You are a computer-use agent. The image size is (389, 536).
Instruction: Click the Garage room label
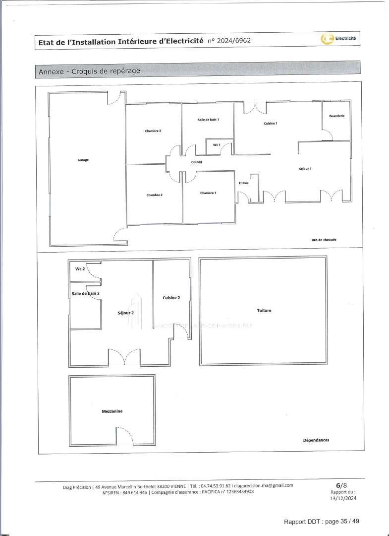point(83,160)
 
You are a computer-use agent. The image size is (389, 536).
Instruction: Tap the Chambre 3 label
point(153,131)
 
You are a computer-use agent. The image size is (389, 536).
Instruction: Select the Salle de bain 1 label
point(208,120)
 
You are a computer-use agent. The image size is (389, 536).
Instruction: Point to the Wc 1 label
point(217,145)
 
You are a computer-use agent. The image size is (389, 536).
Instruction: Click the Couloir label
point(197,162)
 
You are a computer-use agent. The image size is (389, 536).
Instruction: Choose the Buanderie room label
point(336,116)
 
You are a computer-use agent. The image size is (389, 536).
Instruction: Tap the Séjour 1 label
point(305,169)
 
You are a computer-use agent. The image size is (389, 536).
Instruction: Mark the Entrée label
point(243,183)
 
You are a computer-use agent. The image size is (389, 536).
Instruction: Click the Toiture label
point(264,311)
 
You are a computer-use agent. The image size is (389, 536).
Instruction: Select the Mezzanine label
point(112,411)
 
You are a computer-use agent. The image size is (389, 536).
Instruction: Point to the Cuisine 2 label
point(171,298)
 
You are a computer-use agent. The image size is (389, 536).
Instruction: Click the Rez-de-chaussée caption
point(324,240)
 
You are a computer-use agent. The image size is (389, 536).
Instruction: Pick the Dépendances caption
point(316,440)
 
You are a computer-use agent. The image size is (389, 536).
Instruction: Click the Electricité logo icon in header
point(327,39)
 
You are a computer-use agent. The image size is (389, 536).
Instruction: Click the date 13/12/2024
point(343,498)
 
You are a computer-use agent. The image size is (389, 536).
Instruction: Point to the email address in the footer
point(263,485)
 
